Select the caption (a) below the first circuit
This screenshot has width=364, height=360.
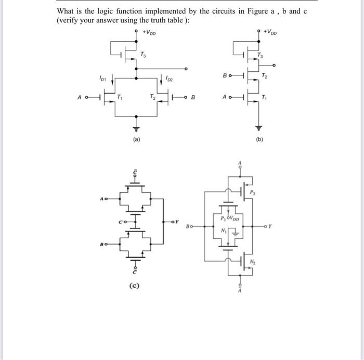tap(137, 139)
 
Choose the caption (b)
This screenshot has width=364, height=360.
tap(258, 139)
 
